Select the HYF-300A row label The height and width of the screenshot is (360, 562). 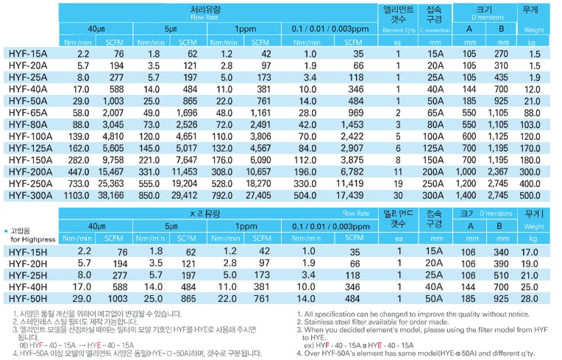tap(31, 195)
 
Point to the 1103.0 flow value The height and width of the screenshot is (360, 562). tap(75, 195)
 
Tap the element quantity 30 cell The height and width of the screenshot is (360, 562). tap(396, 195)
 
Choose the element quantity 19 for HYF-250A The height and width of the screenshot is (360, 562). tap(396, 183)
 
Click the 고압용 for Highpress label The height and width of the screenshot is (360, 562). tap(32, 235)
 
